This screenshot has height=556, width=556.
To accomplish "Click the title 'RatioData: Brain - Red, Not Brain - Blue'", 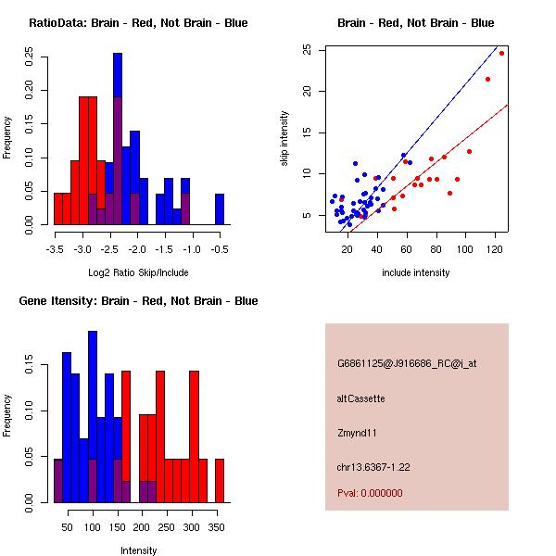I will (x=138, y=23).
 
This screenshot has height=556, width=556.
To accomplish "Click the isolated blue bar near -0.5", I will (x=220, y=208).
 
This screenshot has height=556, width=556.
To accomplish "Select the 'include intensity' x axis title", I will (x=416, y=272).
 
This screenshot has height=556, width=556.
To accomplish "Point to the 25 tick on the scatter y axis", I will (x=309, y=50).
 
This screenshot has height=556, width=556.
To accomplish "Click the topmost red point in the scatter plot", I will (x=502, y=53).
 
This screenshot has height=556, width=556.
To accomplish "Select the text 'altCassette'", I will (x=361, y=398).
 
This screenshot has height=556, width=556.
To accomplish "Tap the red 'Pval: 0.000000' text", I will (x=370, y=493).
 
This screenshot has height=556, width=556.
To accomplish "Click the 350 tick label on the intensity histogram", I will (x=218, y=527).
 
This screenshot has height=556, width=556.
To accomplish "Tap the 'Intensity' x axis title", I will (x=138, y=550).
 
